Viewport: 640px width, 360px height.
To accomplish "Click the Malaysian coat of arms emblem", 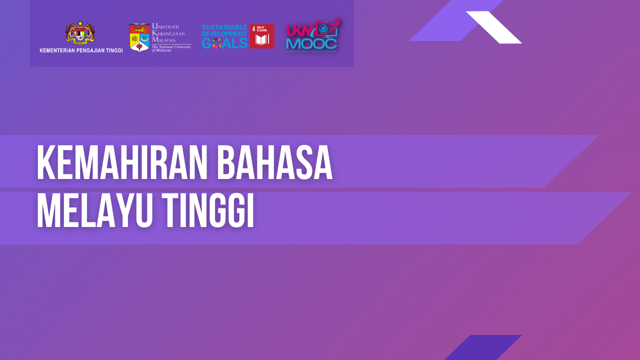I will point(80,33).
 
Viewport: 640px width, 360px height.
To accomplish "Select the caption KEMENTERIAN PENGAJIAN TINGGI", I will point(81,50).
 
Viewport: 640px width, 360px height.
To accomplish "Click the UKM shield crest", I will point(139,37).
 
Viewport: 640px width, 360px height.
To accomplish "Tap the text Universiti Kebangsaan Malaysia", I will point(168,33).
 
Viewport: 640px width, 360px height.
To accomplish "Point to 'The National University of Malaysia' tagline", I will point(171,48).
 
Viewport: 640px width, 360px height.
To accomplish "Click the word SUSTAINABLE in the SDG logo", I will point(224,27).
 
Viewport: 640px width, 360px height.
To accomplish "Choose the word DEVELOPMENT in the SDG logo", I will point(224,33).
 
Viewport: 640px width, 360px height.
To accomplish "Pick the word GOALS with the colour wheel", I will point(224,43).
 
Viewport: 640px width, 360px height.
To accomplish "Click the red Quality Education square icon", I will point(262,36).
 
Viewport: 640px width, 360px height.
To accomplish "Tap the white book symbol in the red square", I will point(262,39).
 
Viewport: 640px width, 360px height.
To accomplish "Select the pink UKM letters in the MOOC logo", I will point(298,30).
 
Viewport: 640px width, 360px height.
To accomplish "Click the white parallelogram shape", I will point(493,27).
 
